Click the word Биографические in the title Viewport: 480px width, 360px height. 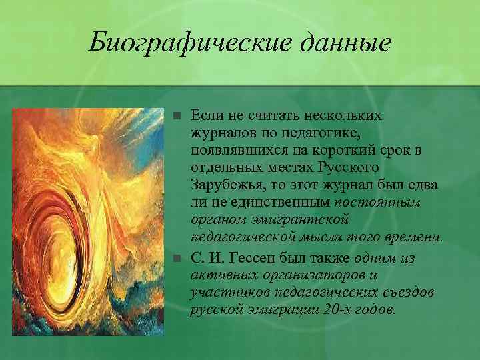tap(175, 44)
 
